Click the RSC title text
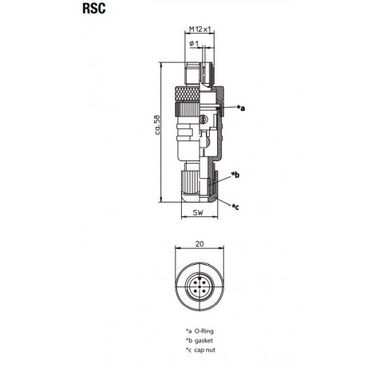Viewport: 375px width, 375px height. [x=94, y=9]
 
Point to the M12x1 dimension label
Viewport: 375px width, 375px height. [x=199, y=30]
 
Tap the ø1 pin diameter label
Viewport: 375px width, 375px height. [x=194, y=44]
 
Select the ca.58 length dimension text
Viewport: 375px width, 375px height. [x=157, y=124]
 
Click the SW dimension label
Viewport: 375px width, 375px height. [x=198, y=212]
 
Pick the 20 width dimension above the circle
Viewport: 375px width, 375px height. [x=199, y=243]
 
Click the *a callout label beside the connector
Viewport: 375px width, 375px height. [x=241, y=108]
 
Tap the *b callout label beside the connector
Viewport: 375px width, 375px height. [x=235, y=175]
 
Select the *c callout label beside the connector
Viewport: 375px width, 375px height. [x=235, y=207]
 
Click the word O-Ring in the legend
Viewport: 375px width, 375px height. [x=204, y=331]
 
